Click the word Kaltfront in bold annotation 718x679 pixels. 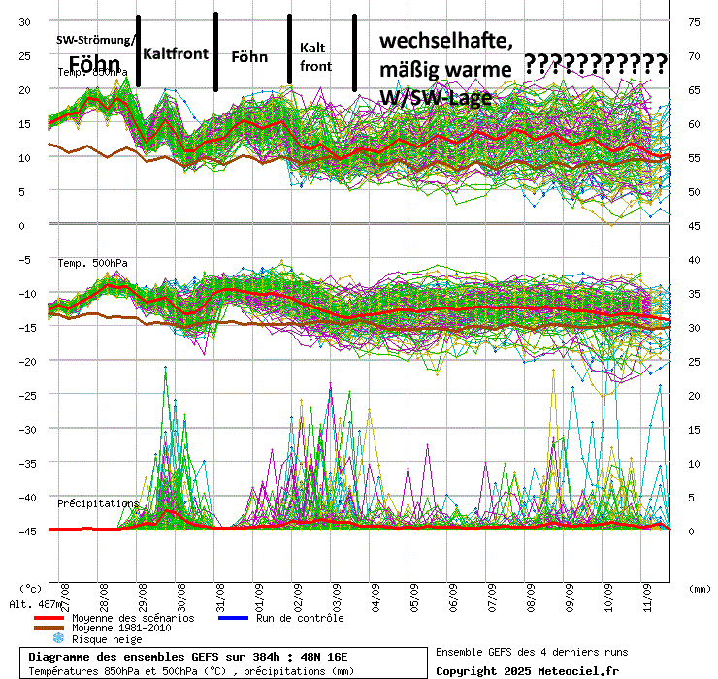point(176,53)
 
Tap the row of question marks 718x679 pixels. point(595,65)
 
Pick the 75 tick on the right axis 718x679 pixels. point(694,22)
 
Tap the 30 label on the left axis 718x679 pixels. point(26,22)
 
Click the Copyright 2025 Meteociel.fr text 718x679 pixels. point(527,670)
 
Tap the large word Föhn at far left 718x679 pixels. point(94,65)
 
